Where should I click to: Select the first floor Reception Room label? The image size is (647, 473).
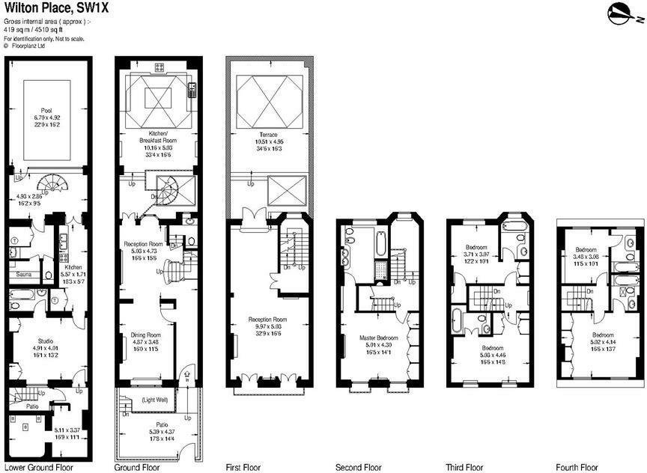click(x=268, y=320)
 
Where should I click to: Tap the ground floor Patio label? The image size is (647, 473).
click(x=154, y=425)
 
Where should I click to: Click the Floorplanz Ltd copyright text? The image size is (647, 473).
click(x=28, y=45)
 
